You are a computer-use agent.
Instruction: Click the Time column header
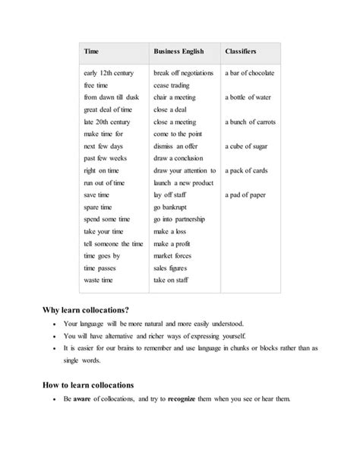click(x=91, y=51)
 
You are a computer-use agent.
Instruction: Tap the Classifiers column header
click(x=240, y=51)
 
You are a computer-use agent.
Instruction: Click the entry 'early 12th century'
click(x=106, y=73)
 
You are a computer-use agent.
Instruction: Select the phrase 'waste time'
click(x=100, y=280)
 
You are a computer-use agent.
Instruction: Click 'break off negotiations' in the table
click(x=184, y=73)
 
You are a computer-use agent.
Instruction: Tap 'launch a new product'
click(x=182, y=182)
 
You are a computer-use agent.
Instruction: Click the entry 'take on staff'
click(x=173, y=280)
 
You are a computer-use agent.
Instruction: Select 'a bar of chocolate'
click(x=249, y=73)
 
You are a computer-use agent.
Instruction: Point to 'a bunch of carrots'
click(x=251, y=122)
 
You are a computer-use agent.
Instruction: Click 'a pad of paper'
click(x=245, y=195)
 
